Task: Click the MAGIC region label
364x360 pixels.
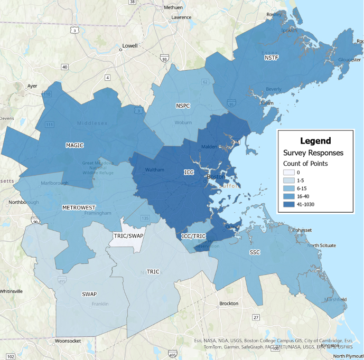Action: (74, 145)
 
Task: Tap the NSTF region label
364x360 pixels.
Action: (272, 57)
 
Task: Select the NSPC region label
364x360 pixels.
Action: (183, 106)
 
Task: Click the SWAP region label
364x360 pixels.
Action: (89, 293)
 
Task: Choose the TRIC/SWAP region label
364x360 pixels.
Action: (128, 236)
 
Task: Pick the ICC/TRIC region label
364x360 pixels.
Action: (194, 236)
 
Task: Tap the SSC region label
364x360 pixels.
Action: (255, 252)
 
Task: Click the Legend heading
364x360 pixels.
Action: (315, 141)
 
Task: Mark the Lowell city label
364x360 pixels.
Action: (129, 46)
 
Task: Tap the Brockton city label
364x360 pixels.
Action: (228, 304)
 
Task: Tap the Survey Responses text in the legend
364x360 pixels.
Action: (313, 153)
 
